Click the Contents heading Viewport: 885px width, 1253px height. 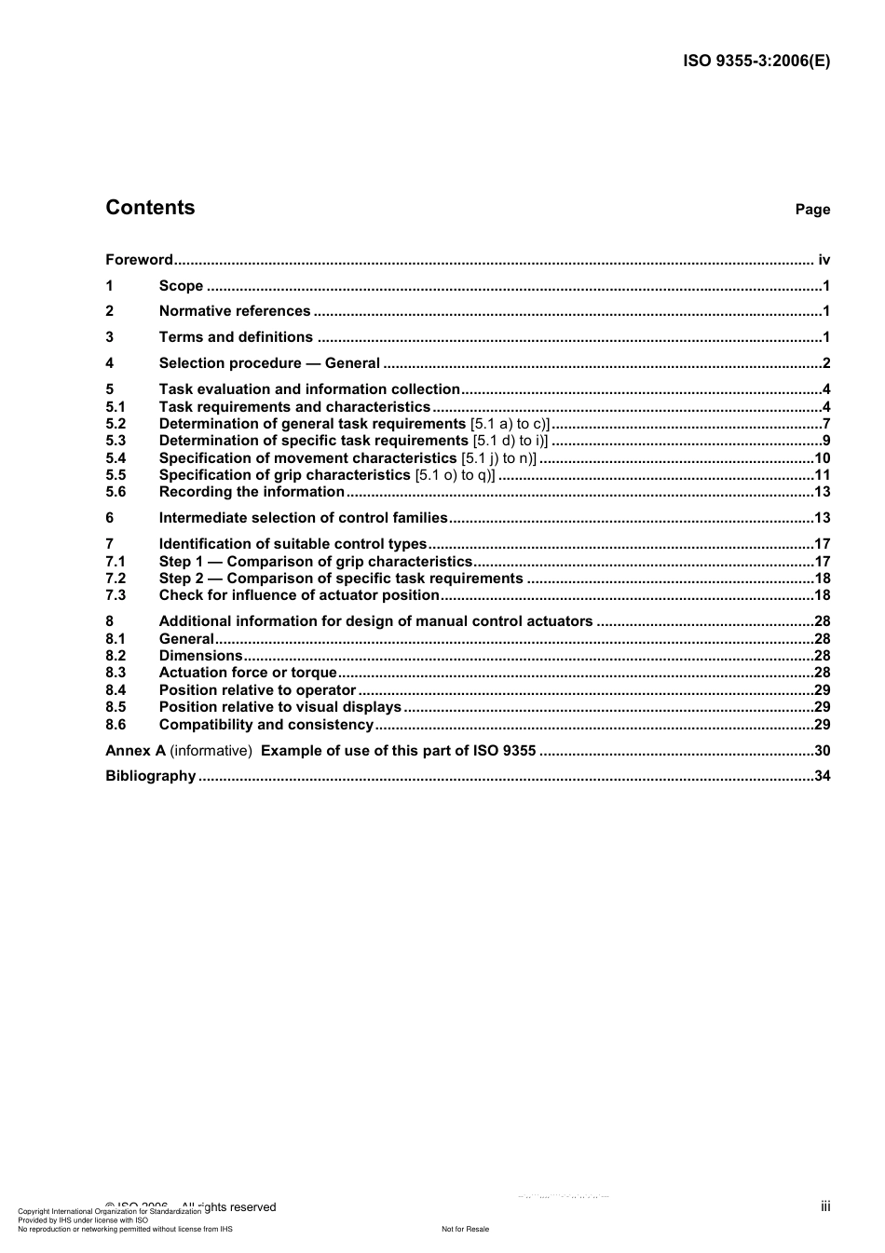pos(150,208)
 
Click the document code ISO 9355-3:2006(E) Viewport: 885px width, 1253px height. pos(756,61)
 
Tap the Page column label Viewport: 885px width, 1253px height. pos(811,210)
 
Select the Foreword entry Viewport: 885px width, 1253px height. pos(139,260)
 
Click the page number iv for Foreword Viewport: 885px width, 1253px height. pos(824,260)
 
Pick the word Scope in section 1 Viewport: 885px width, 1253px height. pos(181,286)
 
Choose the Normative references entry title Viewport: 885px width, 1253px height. pos(235,311)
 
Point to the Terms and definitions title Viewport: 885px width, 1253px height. pos(236,337)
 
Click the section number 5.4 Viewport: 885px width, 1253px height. pos(116,458)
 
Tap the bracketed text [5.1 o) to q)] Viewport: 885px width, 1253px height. pos(455,475)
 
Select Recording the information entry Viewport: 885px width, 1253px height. pos(252,492)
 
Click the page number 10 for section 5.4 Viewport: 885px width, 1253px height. pos(822,458)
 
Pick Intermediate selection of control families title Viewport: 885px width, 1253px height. pos(304,518)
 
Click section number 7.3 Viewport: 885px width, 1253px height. pos(116,595)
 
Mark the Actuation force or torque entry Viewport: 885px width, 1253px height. pos(248,673)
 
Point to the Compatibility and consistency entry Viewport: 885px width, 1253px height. pos(266,725)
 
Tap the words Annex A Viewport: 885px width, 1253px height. pos(135,751)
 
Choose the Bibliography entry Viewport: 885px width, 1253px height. pos(151,776)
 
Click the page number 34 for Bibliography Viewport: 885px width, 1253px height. pos(822,776)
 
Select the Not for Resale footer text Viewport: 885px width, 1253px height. pos(465,1229)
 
